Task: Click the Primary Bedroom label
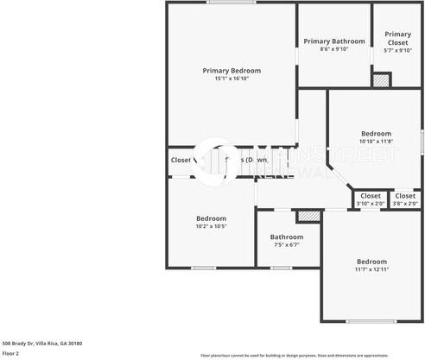(232, 71)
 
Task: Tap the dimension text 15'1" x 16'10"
(232, 79)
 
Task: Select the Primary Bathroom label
(333, 41)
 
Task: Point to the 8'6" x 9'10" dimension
(333, 49)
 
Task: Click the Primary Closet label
(397, 38)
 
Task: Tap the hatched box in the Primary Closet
(381, 79)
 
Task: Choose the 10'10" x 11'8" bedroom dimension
(376, 142)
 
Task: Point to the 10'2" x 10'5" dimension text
(211, 226)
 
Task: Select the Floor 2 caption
(11, 353)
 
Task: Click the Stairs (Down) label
(245, 160)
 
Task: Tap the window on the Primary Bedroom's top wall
(231, 3)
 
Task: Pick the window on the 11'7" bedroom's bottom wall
(371, 321)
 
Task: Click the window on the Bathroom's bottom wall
(282, 267)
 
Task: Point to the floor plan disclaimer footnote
(307, 355)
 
